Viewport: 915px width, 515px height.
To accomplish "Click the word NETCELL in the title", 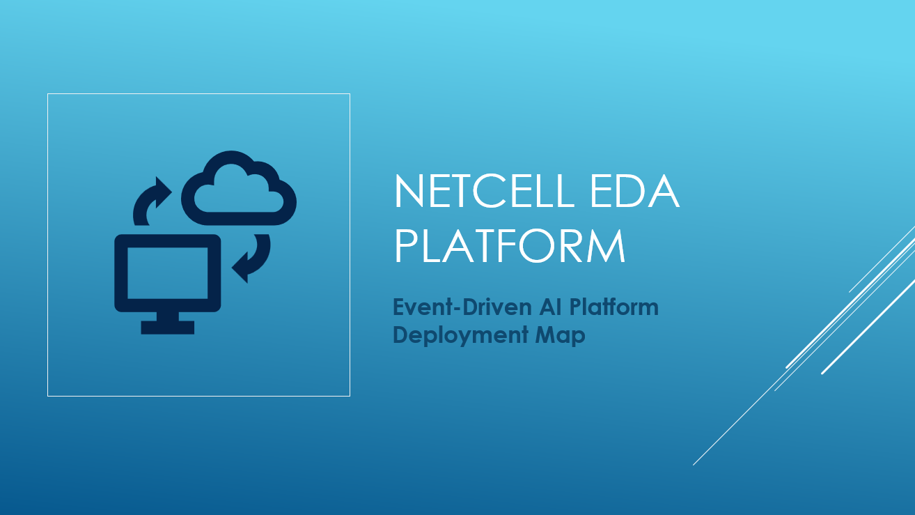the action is coord(485,191).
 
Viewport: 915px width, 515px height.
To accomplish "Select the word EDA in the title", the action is coord(635,191).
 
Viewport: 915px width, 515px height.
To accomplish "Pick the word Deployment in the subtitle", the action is coord(460,335).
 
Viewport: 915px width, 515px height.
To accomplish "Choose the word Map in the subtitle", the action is coord(561,335).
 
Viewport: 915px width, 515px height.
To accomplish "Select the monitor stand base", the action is coord(168,328).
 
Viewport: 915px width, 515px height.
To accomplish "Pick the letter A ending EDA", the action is coord(664,191).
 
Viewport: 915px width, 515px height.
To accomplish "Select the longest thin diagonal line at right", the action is coord(804,346).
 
